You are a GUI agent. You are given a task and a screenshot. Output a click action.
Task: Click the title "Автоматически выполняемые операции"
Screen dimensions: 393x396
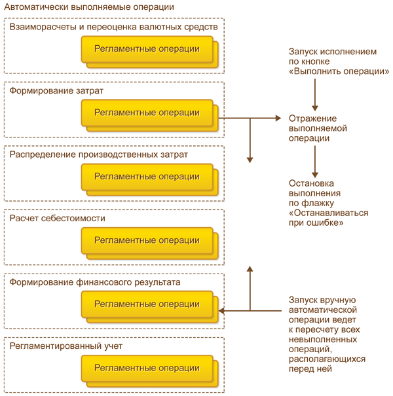click(89, 7)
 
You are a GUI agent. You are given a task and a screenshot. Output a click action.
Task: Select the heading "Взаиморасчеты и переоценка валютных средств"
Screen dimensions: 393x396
click(113, 27)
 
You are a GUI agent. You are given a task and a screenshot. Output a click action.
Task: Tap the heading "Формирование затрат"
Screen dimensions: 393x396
click(56, 91)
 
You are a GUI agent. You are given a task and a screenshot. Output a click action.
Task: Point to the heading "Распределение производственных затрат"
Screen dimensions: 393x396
click(98, 154)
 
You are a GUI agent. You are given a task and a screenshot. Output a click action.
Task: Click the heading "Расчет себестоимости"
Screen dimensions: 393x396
click(57, 218)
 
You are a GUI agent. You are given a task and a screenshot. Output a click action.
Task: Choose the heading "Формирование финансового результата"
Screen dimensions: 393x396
click(95, 282)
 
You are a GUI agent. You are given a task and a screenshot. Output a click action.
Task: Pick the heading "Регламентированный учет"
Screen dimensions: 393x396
click(65, 346)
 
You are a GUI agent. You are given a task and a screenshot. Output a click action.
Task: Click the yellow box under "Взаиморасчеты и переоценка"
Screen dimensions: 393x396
click(149, 52)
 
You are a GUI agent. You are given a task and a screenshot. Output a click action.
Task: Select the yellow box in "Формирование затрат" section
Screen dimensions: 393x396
click(149, 116)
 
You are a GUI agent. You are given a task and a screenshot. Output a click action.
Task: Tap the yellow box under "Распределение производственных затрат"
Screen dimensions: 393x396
click(149, 179)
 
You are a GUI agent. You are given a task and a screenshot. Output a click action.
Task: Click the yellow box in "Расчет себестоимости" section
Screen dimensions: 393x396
click(149, 243)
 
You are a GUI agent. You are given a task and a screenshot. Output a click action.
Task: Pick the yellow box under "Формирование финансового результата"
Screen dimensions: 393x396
click(149, 307)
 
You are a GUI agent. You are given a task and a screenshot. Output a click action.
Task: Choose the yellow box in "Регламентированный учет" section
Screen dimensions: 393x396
click(149, 371)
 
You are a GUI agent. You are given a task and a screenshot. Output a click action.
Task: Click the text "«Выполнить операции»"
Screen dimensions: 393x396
click(339, 71)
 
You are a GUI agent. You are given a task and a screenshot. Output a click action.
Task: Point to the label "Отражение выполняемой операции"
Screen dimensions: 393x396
click(318, 128)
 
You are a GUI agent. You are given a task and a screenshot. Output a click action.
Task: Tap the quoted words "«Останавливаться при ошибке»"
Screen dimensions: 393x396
click(329, 218)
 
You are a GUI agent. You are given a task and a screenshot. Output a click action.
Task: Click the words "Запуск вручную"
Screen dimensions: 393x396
click(322, 300)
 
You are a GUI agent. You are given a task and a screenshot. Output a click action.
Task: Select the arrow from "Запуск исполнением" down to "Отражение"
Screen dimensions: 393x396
click(315, 95)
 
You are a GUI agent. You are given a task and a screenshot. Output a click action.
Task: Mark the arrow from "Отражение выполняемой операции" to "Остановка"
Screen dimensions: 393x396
click(315, 162)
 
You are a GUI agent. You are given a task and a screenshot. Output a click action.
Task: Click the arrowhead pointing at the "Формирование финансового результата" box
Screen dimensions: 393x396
click(221, 311)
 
